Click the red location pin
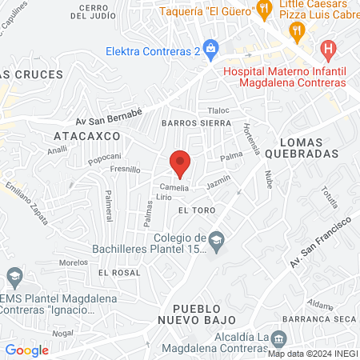(180, 162)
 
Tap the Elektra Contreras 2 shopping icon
(210, 47)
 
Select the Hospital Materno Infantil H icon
(326, 49)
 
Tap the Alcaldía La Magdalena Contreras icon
(278, 338)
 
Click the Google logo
(26, 350)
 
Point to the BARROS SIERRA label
(196, 124)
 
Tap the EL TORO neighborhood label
(194, 210)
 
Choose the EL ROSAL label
(114, 273)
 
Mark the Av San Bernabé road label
(109, 117)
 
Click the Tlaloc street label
(218, 110)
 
